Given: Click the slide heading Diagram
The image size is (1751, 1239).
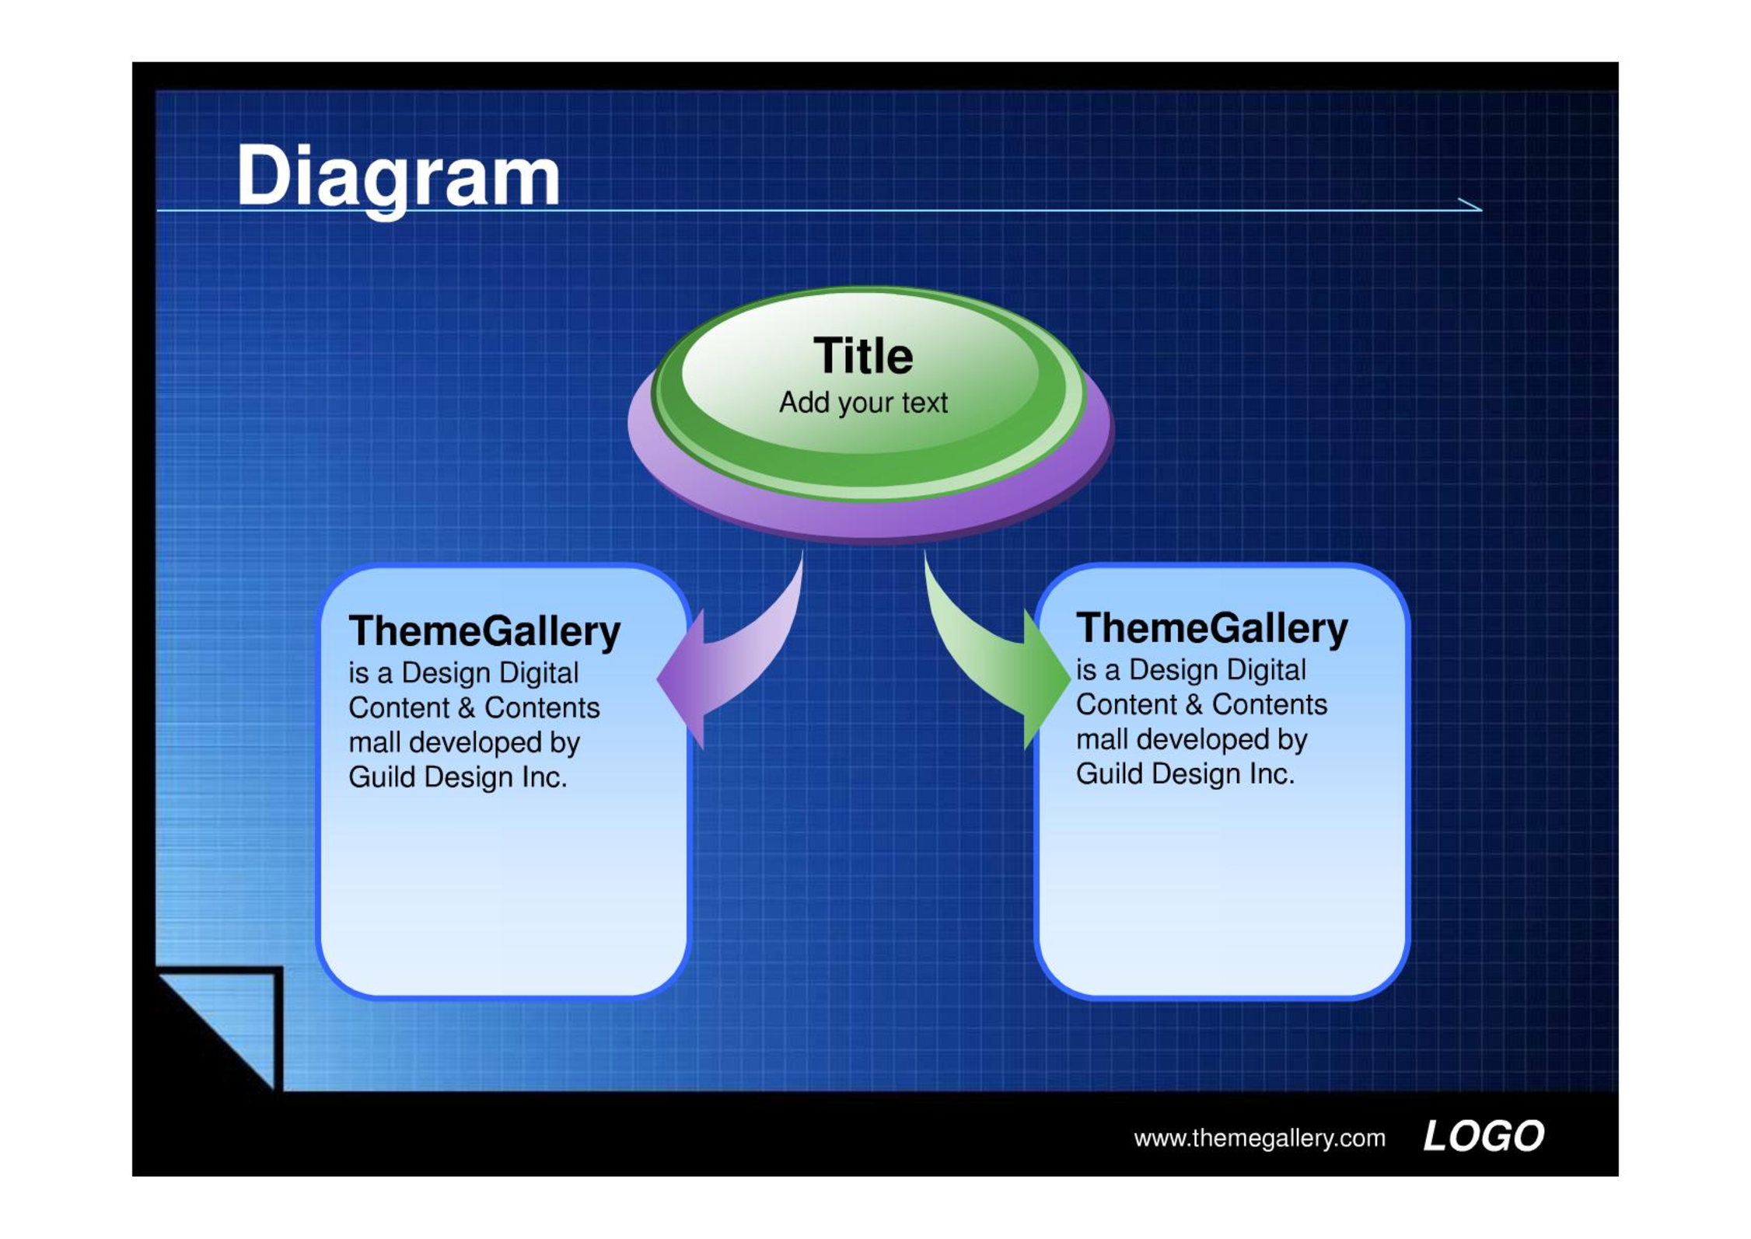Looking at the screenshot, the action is click(398, 178).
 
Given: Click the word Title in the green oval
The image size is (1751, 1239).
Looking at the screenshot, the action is click(863, 356).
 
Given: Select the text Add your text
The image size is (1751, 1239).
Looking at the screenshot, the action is click(863, 403).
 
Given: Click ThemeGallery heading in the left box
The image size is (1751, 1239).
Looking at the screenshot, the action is click(484, 631).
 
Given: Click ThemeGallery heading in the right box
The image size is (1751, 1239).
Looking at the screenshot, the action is click(1211, 628).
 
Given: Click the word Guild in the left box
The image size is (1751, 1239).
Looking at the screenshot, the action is click(382, 777).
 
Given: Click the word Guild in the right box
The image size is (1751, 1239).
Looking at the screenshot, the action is click(1110, 774).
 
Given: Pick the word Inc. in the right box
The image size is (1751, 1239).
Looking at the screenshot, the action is click(1272, 774).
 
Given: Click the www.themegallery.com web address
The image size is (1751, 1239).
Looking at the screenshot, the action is click(1260, 1139).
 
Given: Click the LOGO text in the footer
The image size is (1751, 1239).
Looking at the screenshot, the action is click(1484, 1136).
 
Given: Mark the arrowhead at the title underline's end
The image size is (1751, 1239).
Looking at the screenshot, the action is click(1481, 209).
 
